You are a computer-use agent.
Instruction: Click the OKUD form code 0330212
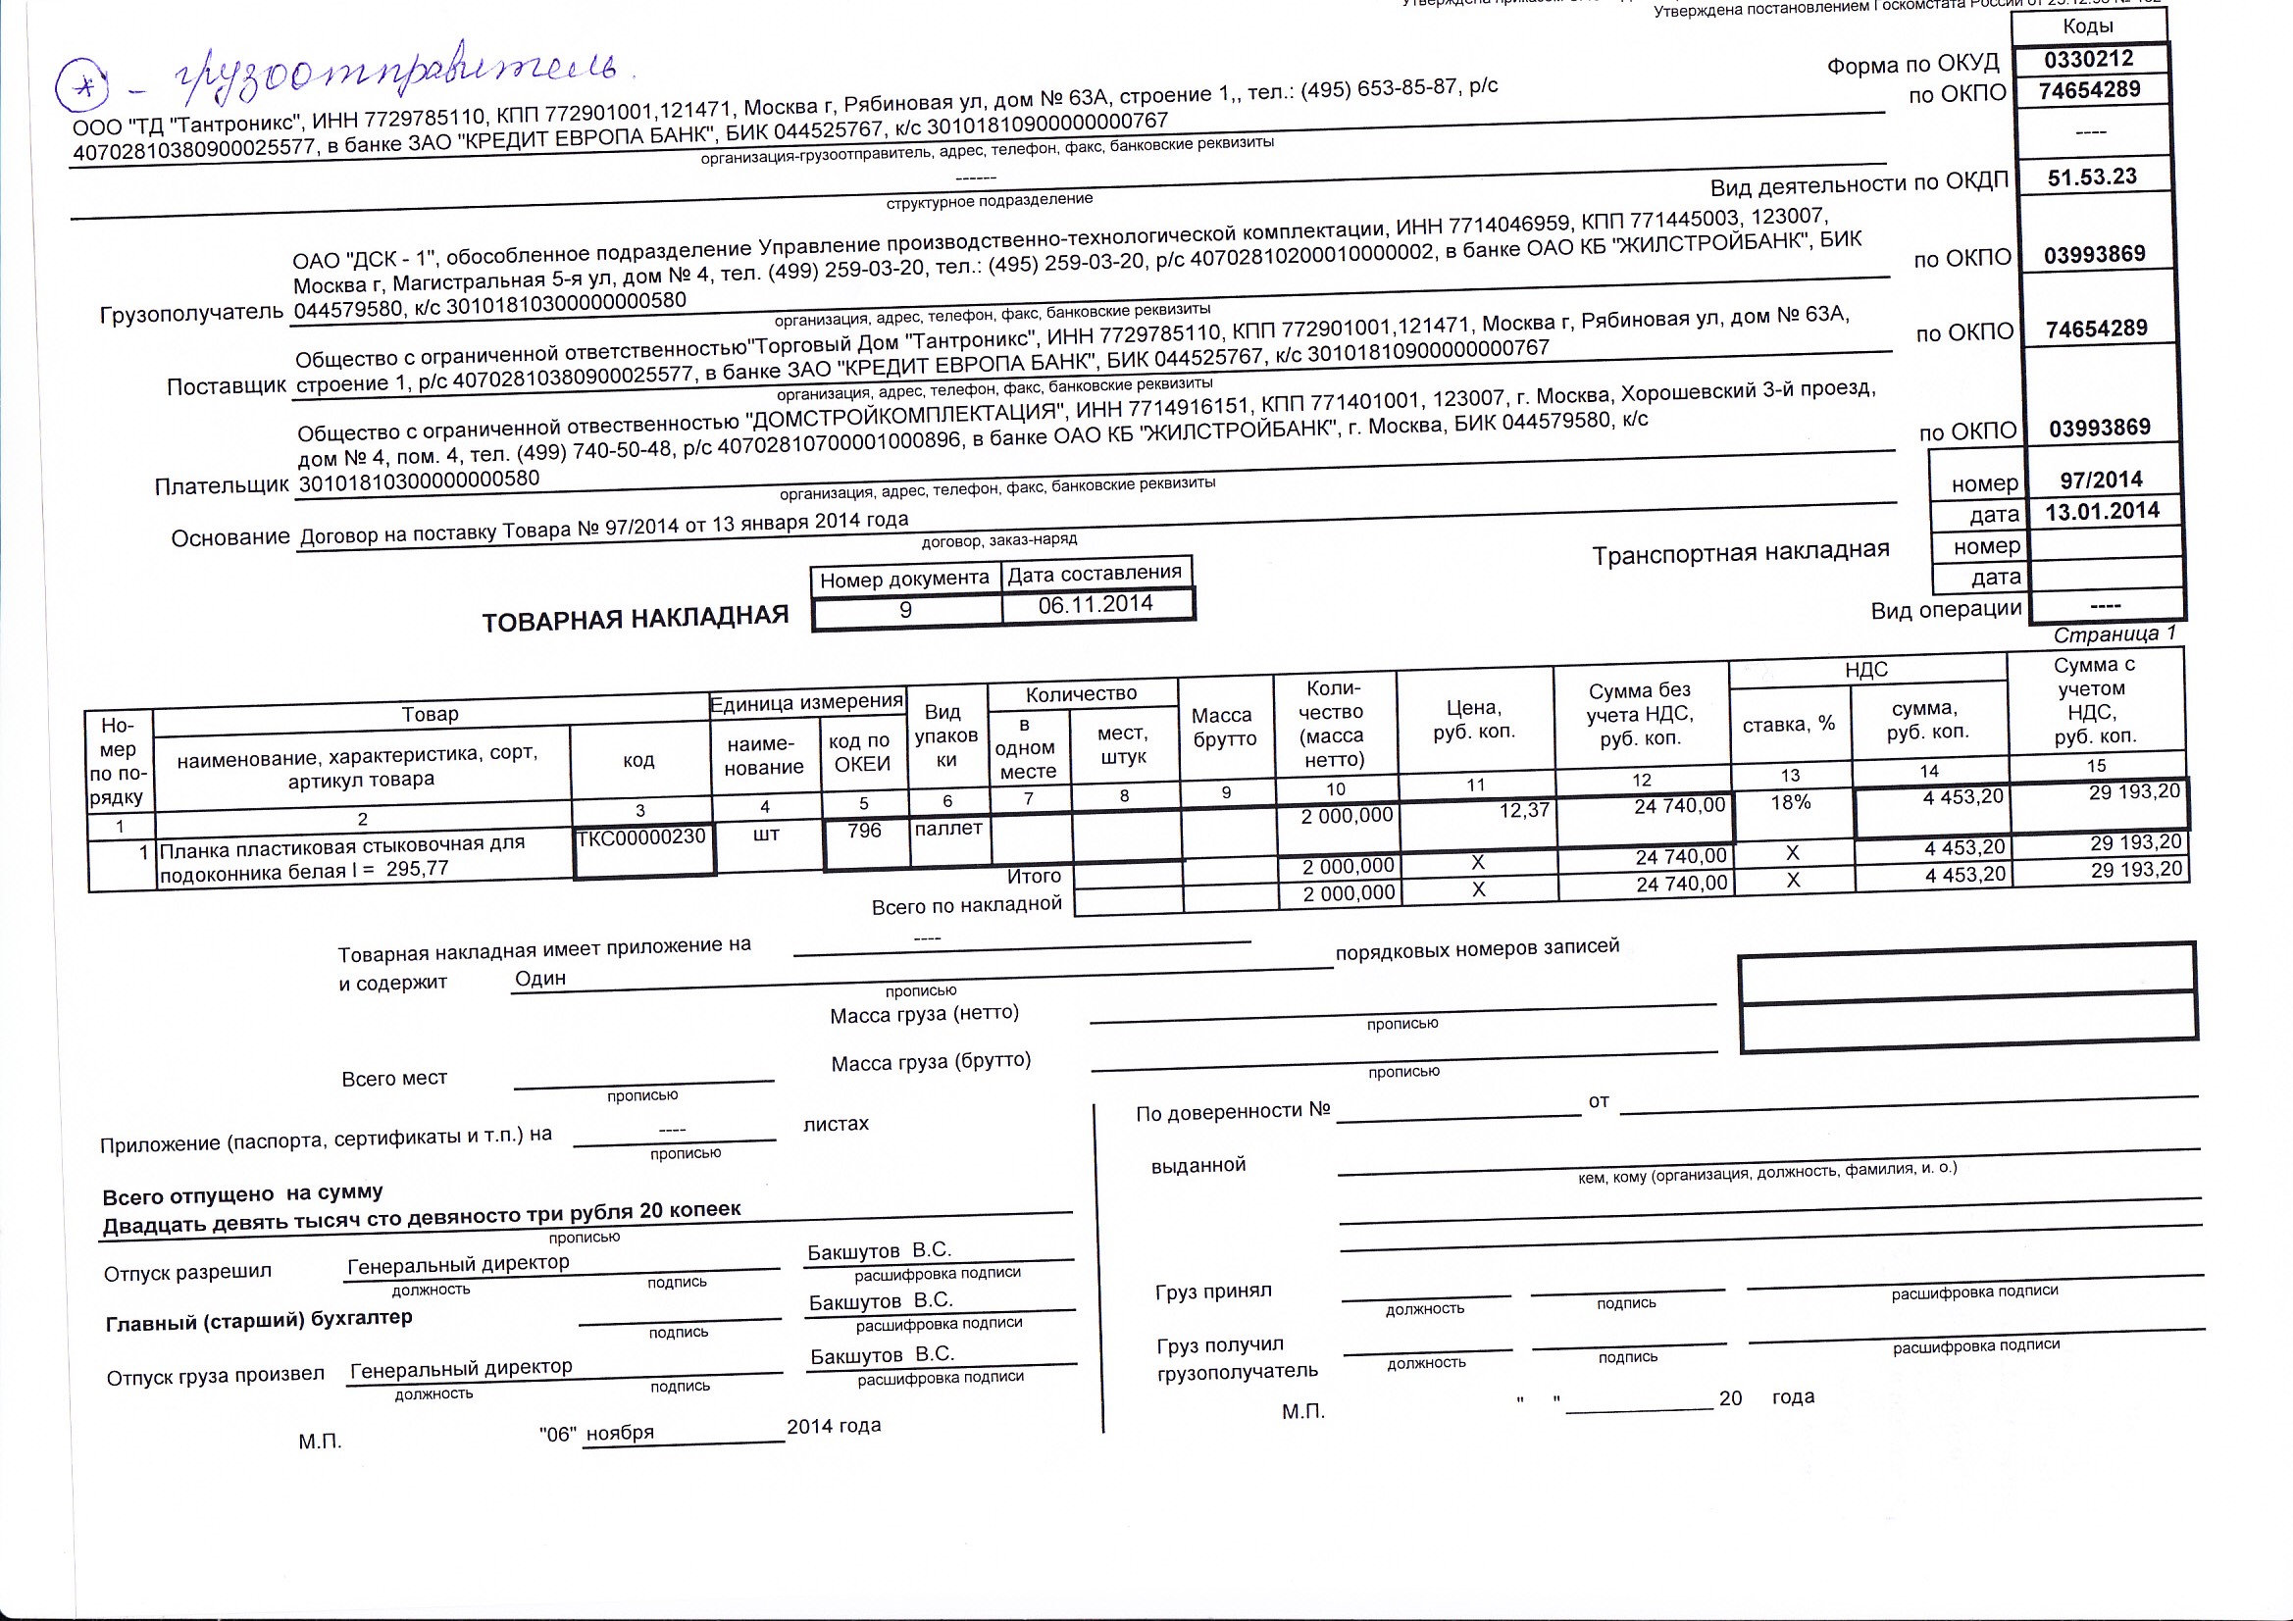(x=2088, y=60)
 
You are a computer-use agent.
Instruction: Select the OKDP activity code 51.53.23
(x=2092, y=177)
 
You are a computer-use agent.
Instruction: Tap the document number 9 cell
(x=906, y=610)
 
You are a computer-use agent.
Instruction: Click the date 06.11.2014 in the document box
(x=1096, y=604)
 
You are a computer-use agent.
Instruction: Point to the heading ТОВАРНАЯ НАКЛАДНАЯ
(x=636, y=619)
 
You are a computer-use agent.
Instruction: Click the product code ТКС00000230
(x=642, y=836)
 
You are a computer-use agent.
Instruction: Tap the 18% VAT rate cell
(x=1791, y=802)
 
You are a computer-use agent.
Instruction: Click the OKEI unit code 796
(x=864, y=831)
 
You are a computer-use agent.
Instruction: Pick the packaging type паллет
(x=947, y=828)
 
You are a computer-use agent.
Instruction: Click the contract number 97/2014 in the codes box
(x=2101, y=481)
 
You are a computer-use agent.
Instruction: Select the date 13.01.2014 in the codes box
(x=2101, y=511)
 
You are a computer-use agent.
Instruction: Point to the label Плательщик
(x=222, y=486)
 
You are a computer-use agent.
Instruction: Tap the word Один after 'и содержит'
(x=540, y=978)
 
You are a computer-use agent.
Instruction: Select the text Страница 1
(x=2115, y=634)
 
